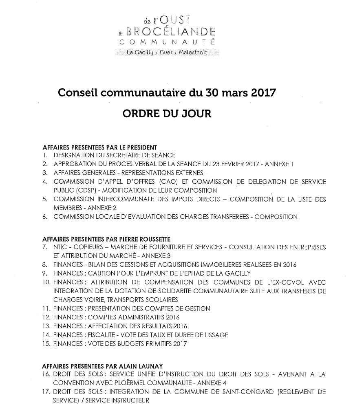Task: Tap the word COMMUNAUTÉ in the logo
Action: [x=168, y=42]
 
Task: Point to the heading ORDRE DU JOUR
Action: [x=167, y=114]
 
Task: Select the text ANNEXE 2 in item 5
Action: [x=93, y=208]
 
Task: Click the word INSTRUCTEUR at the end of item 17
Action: [x=129, y=400]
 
